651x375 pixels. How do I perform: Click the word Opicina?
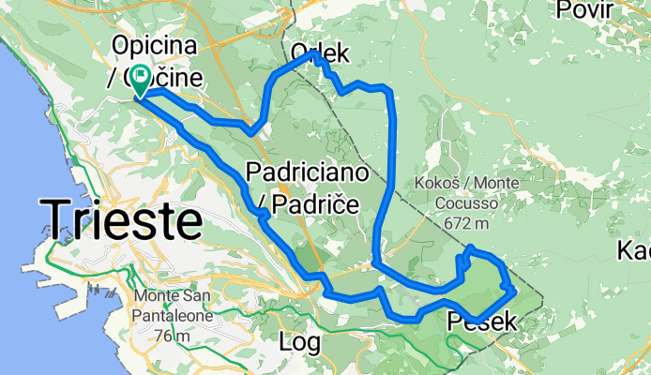[x=150, y=44]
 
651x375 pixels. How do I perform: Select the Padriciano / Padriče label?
[x=304, y=187]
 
